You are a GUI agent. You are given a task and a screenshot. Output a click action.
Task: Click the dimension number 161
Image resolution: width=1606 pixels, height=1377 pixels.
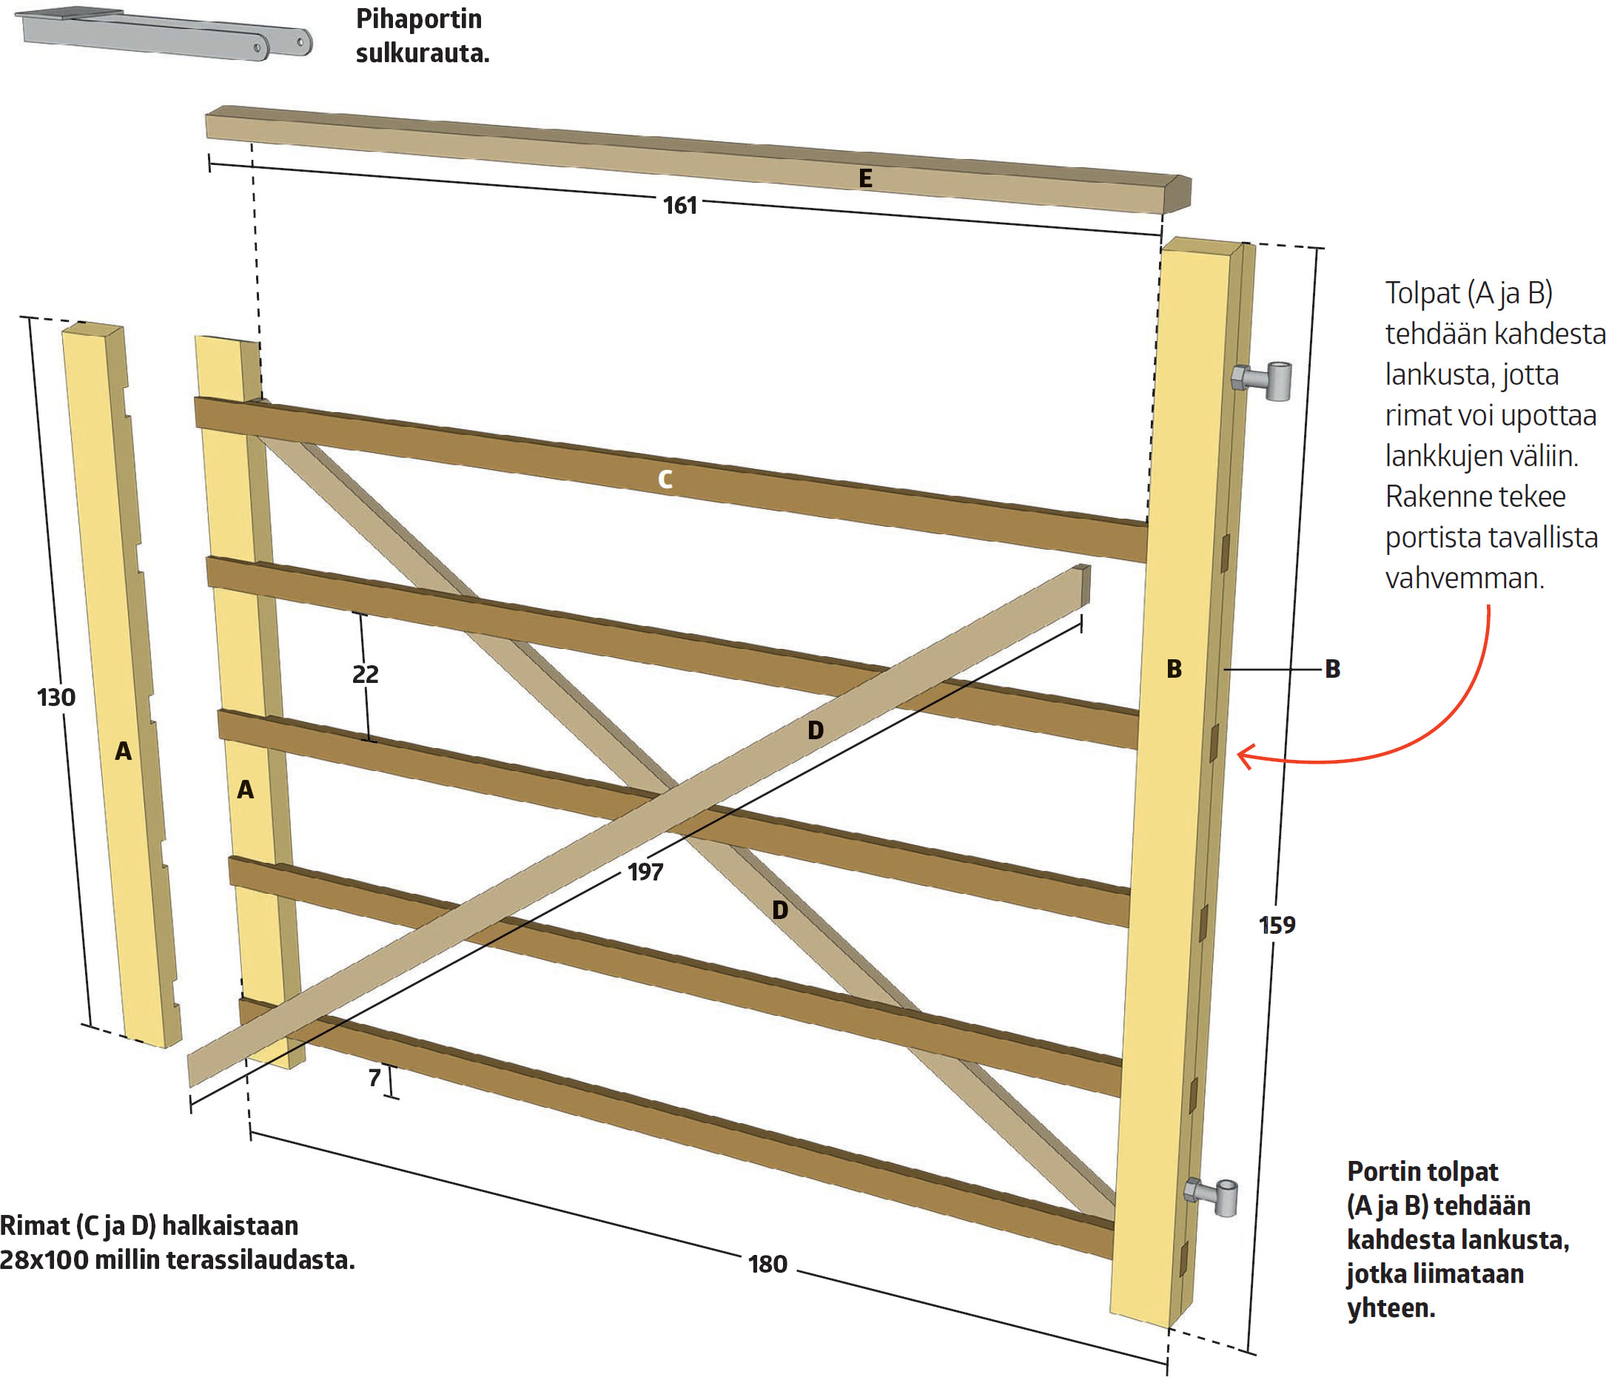click(x=679, y=206)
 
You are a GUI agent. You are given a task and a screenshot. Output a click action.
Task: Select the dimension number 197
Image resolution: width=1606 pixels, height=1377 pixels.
click(x=645, y=872)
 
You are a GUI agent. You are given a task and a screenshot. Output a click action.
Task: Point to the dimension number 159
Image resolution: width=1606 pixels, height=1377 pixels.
click(x=1277, y=924)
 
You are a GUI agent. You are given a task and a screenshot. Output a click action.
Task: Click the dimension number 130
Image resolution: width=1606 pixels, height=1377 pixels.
click(x=56, y=698)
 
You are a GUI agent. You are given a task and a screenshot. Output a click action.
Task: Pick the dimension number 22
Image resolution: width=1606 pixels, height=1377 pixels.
click(x=365, y=674)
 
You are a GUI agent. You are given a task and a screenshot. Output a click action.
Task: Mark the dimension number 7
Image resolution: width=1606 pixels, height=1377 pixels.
click(x=374, y=1077)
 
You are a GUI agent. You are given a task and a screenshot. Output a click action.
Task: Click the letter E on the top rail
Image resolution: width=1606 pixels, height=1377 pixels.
click(x=865, y=179)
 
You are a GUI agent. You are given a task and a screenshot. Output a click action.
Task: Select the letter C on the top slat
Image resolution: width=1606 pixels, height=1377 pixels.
click(x=665, y=479)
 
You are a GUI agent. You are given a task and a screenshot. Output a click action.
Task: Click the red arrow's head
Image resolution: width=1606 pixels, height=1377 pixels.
click(x=1244, y=755)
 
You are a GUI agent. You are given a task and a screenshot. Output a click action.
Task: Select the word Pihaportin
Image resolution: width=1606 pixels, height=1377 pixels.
click(x=419, y=18)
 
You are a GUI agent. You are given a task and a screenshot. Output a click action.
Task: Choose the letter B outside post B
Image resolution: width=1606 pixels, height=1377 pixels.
click(x=1332, y=669)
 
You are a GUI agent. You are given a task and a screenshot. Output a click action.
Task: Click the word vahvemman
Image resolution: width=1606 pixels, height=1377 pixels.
click(x=1464, y=578)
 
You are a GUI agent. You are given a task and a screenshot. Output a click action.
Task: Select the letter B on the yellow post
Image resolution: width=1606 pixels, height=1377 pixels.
click(x=1174, y=669)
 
